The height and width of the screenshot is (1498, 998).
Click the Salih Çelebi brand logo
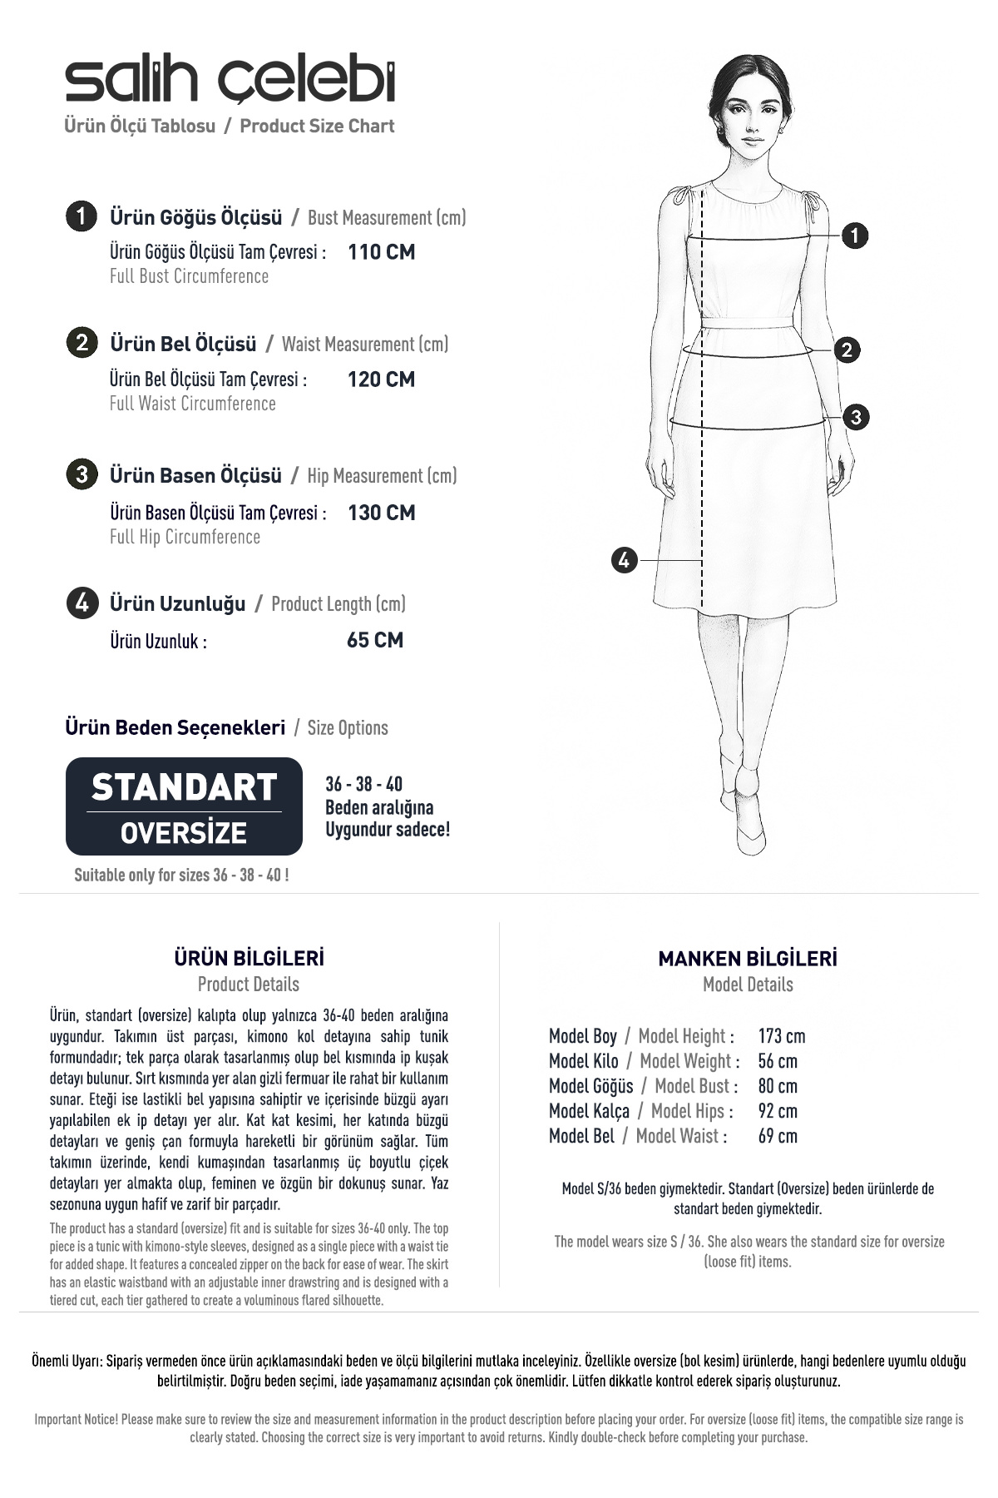230,82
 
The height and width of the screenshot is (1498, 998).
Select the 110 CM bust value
381,252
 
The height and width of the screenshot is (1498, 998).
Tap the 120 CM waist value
381,379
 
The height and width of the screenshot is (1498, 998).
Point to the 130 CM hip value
381,513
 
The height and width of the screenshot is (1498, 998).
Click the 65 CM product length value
374,640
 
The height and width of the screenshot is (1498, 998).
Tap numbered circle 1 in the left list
81,216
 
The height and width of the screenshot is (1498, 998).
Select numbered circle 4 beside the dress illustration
624,560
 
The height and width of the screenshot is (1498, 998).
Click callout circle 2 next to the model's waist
847,350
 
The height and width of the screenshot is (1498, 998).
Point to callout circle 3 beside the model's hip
856,417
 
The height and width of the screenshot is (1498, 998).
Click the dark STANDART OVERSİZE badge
184,806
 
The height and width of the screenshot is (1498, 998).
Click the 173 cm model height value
781,1036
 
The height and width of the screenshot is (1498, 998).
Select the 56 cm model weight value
777,1061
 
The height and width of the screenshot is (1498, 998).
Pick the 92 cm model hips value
777,1111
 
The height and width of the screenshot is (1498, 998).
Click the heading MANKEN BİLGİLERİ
747,959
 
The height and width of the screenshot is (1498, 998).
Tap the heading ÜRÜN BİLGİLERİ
249,958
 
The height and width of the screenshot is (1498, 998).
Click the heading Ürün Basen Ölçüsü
195,476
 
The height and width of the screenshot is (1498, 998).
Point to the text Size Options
348,728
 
